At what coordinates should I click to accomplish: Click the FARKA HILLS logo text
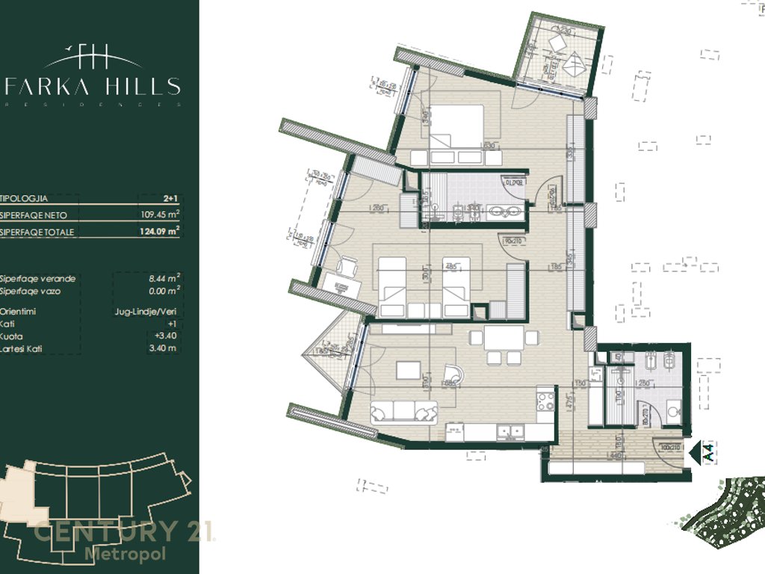93,86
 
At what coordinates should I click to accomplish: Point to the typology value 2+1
169,198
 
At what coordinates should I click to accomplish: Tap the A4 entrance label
710,453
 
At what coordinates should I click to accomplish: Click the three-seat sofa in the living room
403,412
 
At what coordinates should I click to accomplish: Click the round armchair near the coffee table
453,374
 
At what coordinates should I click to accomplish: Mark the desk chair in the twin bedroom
347,265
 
